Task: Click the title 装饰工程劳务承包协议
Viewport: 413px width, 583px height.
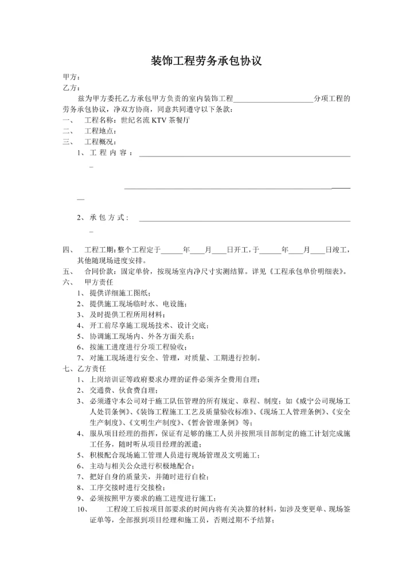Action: point(206,61)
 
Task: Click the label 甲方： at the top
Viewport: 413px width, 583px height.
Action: point(71,77)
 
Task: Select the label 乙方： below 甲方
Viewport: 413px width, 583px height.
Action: point(71,88)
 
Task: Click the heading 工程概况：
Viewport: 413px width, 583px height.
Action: point(101,142)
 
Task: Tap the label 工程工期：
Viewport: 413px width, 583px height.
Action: point(101,250)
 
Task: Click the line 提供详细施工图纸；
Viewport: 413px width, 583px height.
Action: point(120,293)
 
